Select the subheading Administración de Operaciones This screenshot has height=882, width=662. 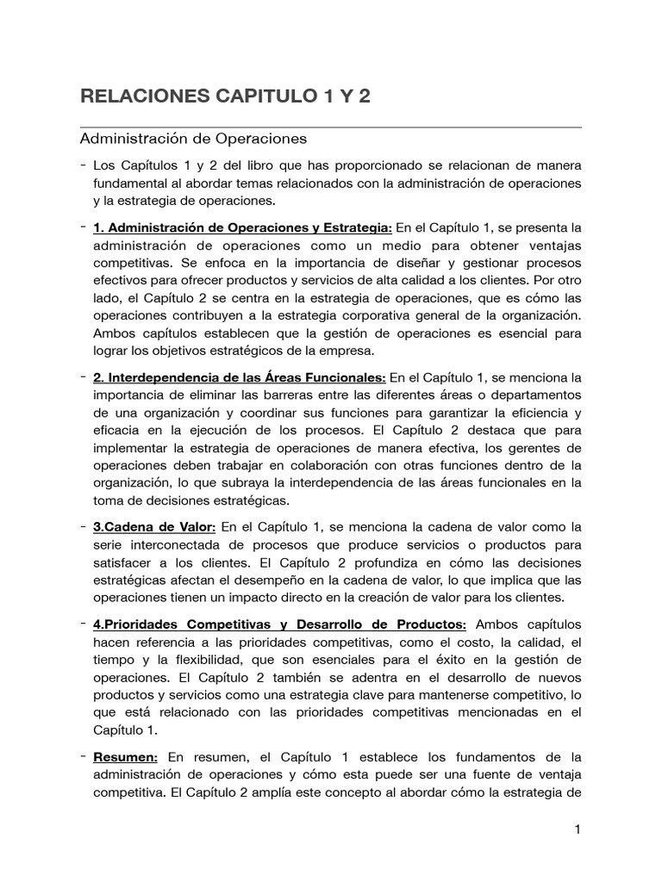point(193,138)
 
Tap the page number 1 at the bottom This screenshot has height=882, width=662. point(578,829)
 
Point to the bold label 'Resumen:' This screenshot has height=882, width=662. point(125,756)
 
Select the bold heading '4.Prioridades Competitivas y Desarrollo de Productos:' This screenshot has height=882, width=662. point(280,624)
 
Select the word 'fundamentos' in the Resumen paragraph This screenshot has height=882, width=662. point(487,756)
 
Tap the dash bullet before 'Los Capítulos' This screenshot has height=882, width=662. point(81,165)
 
